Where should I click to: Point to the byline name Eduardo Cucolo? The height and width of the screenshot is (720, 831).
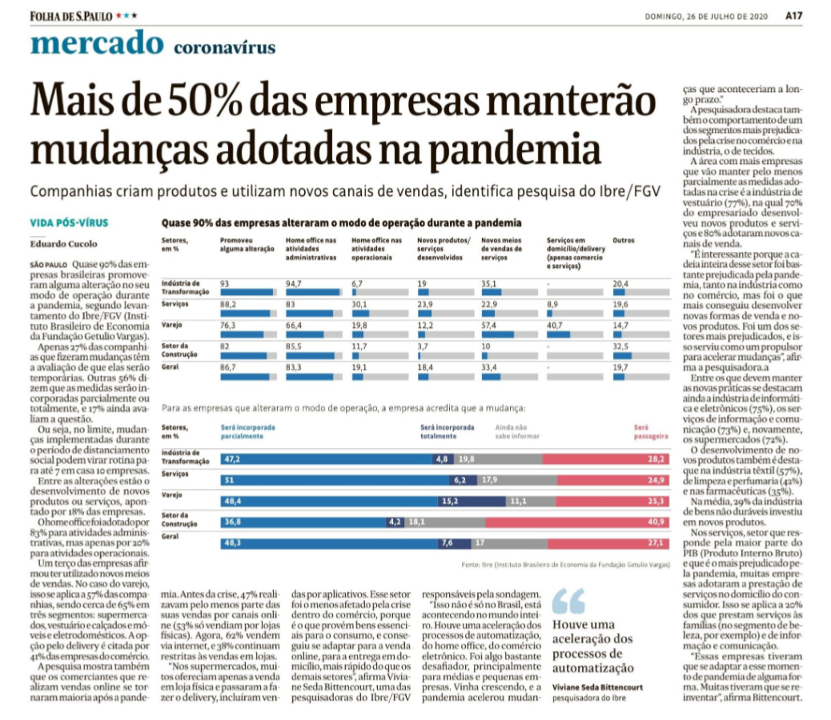click(x=64, y=243)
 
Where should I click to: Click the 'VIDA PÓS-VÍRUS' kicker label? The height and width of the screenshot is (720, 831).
click(x=68, y=222)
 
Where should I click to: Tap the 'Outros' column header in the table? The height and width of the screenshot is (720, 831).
click(x=623, y=240)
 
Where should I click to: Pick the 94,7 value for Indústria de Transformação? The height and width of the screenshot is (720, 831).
click(x=295, y=284)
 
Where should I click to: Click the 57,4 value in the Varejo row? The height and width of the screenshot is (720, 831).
click(x=490, y=326)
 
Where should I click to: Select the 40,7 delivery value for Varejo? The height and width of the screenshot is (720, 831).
click(x=556, y=326)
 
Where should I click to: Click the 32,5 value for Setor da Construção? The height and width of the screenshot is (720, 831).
click(x=621, y=346)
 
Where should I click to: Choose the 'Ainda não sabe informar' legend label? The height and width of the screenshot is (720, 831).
click(x=514, y=433)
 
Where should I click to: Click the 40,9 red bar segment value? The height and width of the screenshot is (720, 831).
click(x=656, y=521)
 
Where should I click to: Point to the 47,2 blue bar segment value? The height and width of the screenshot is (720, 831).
click(x=233, y=459)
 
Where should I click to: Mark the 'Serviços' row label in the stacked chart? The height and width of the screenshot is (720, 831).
click(x=174, y=474)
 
